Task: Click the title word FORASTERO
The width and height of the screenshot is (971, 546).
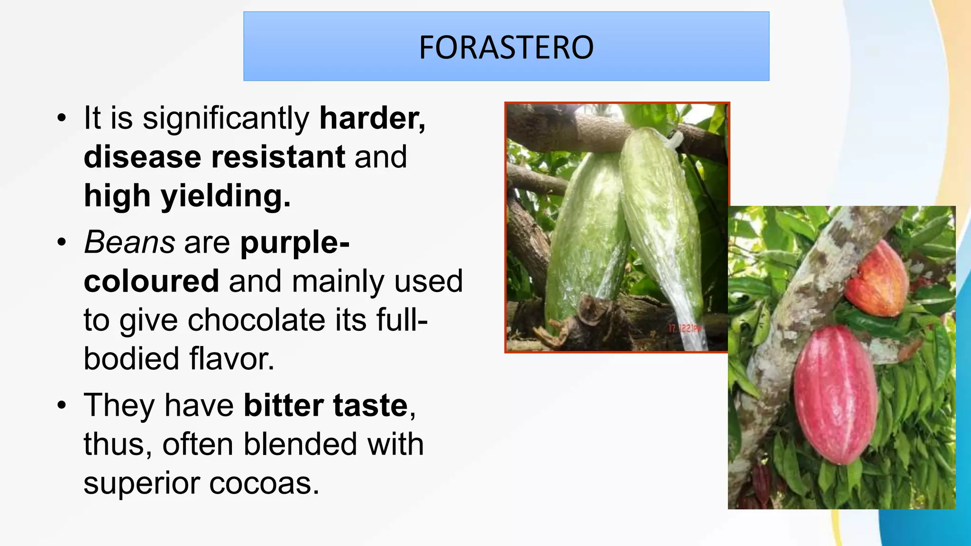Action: pos(506,47)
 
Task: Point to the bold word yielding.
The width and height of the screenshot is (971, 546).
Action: pos(225,196)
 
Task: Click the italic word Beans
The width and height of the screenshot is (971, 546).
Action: pos(129,242)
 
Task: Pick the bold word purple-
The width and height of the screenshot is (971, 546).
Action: pos(295,243)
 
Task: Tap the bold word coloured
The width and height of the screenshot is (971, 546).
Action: pos(151,281)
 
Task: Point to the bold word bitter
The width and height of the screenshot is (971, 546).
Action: pos(283,406)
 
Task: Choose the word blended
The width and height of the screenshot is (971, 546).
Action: pos(300,445)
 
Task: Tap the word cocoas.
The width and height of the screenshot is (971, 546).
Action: pos(264,484)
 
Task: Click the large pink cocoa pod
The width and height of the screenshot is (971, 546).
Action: pos(835,394)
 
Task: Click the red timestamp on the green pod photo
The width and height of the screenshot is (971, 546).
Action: pos(684,328)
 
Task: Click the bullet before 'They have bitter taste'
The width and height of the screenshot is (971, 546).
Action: pos(61,406)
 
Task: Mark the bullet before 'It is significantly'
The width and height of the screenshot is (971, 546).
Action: pos(61,118)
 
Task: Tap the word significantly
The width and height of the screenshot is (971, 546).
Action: pos(226,118)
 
